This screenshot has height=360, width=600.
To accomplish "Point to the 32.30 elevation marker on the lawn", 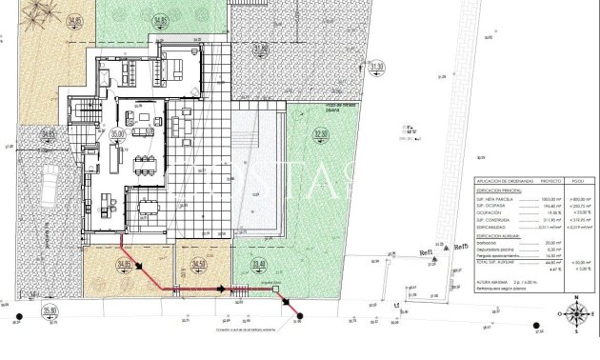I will [x=320, y=136].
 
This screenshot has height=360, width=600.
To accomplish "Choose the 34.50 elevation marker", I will [x=198, y=264].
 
